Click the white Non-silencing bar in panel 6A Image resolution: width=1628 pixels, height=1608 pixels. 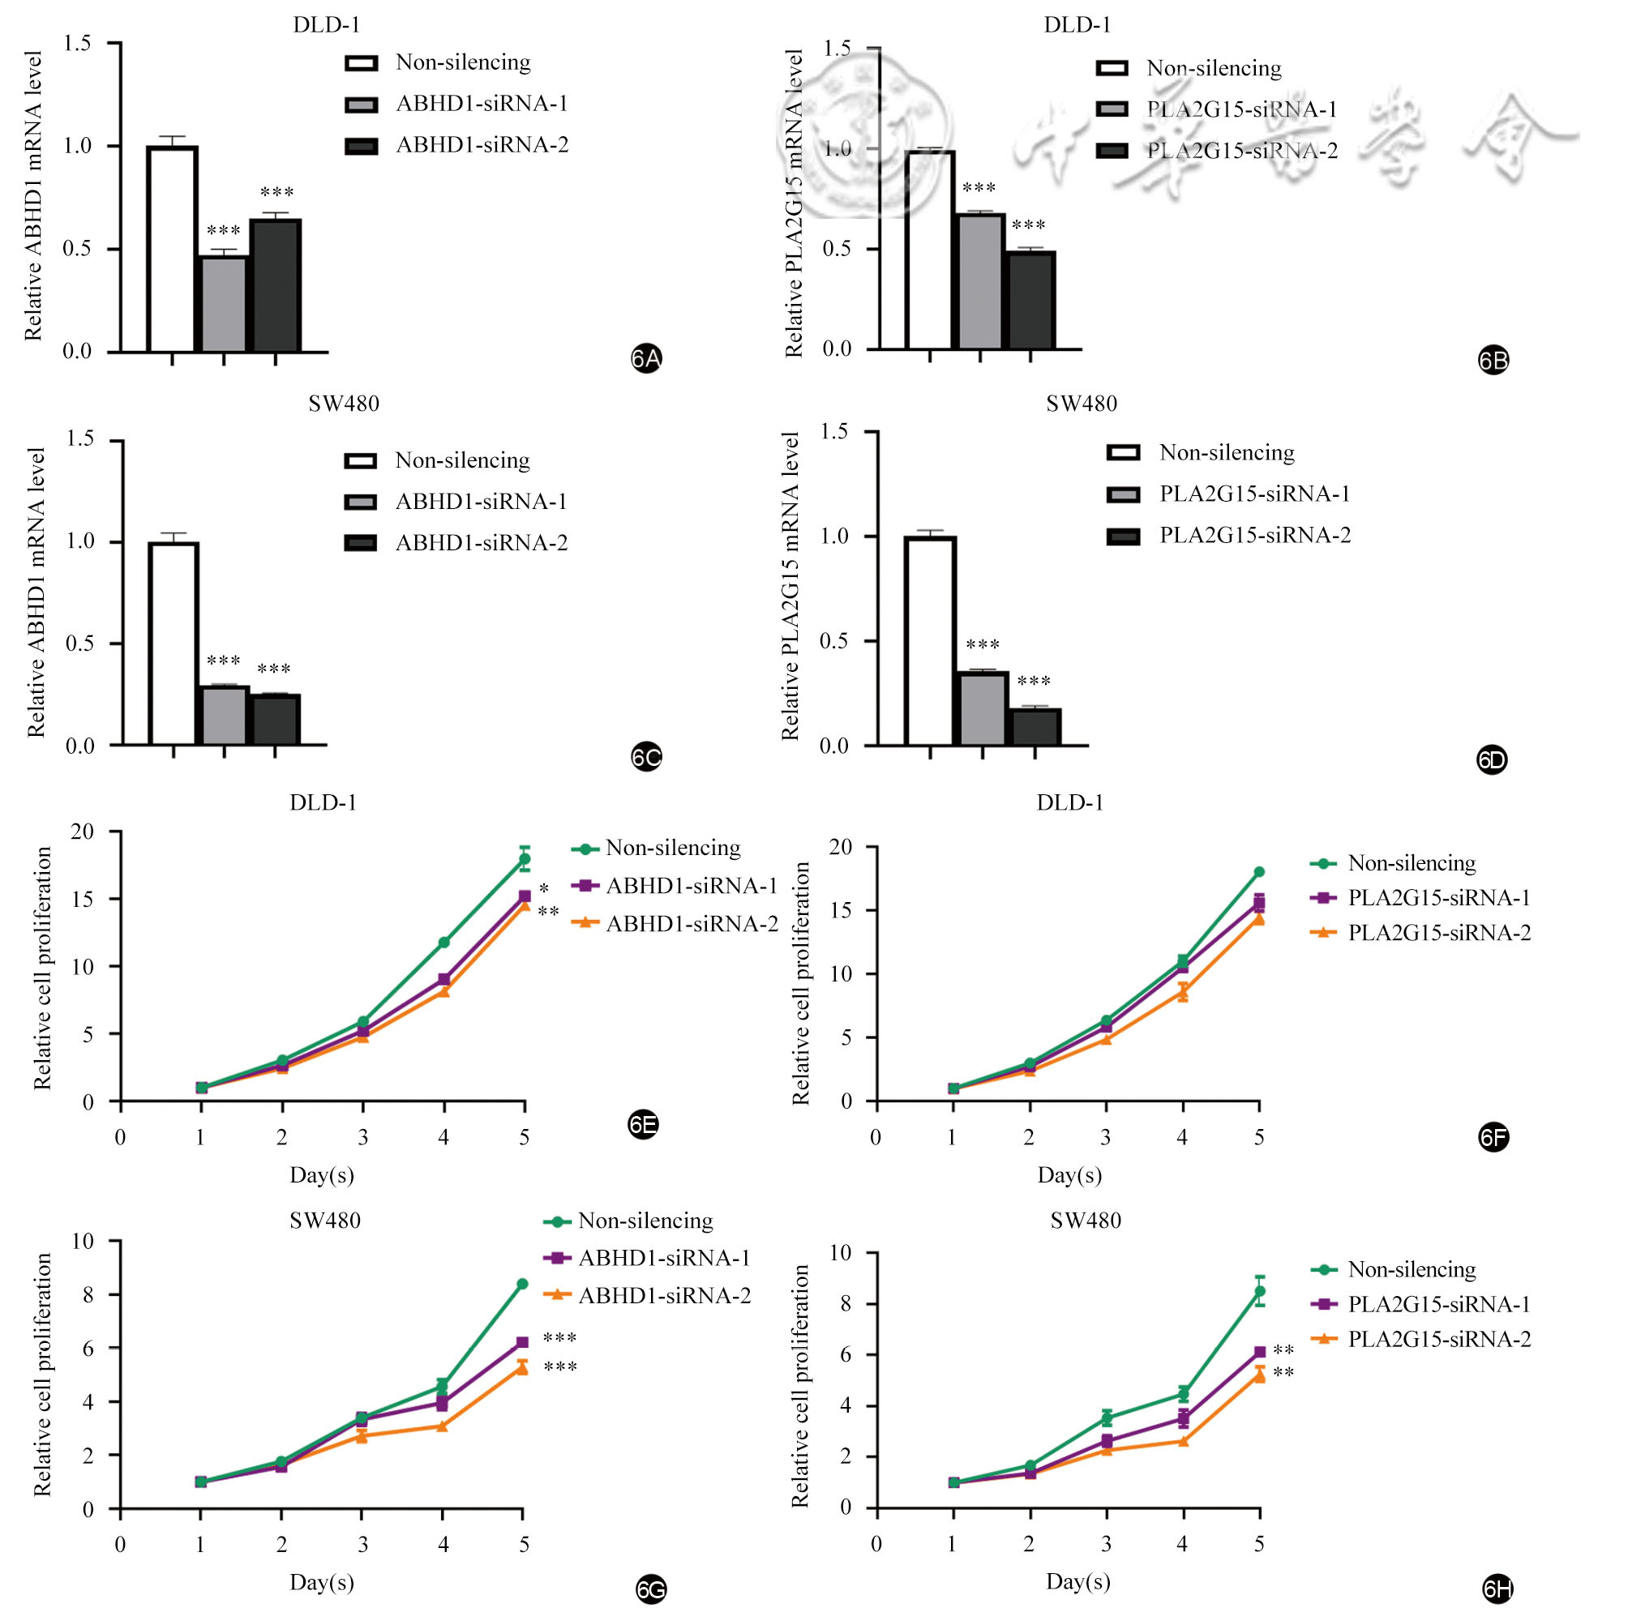[172, 250]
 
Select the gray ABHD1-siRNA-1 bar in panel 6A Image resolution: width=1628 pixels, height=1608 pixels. [223, 304]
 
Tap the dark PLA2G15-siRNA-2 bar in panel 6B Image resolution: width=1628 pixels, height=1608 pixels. [1030, 300]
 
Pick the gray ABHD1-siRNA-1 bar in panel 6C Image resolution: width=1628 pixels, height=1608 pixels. [223, 715]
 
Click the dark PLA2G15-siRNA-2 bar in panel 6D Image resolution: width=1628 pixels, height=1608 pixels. [1035, 727]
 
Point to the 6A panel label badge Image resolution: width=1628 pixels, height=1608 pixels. [646, 359]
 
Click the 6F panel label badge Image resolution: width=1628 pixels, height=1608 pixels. [1493, 1138]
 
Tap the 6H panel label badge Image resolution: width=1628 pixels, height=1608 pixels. [1497, 1589]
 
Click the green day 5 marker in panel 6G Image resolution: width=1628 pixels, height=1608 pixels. [522, 1284]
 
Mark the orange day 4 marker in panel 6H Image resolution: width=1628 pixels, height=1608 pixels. [1183, 1441]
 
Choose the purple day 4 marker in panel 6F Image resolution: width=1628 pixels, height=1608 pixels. [1183, 967]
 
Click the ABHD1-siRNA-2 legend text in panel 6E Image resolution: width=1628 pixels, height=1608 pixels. [692, 924]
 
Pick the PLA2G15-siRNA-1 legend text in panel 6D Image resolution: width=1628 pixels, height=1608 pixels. [1255, 494]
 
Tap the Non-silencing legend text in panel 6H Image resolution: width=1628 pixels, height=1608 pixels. [1412, 1269]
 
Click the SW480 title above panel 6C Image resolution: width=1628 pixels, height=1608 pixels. [344, 404]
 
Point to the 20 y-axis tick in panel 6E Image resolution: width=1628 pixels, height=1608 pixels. [83, 832]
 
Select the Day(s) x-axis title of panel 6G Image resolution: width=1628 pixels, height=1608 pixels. [322, 1582]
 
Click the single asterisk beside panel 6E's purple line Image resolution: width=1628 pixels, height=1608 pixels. [544, 888]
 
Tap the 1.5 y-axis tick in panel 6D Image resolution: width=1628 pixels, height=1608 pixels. [834, 432]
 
